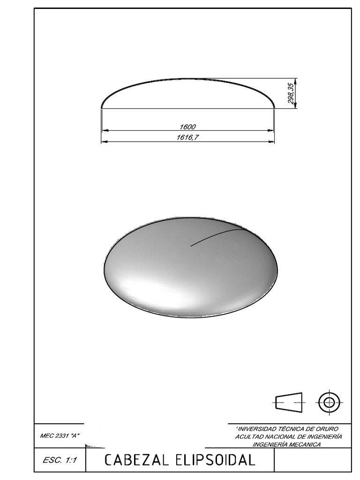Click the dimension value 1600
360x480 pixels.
[x=187, y=127]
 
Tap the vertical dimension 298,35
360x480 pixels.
[x=291, y=94]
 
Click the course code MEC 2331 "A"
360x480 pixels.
[x=60, y=436]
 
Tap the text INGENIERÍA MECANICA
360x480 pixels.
[x=286, y=444]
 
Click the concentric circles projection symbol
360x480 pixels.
[x=329, y=402]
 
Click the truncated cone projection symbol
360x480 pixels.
[x=289, y=402]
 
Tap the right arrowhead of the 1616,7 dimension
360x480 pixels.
[x=272, y=141]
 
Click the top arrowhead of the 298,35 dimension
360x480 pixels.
[x=296, y=80]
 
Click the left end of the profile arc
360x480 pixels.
[x=102, y=108]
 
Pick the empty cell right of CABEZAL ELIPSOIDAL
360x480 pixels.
[x=312, y=460]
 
